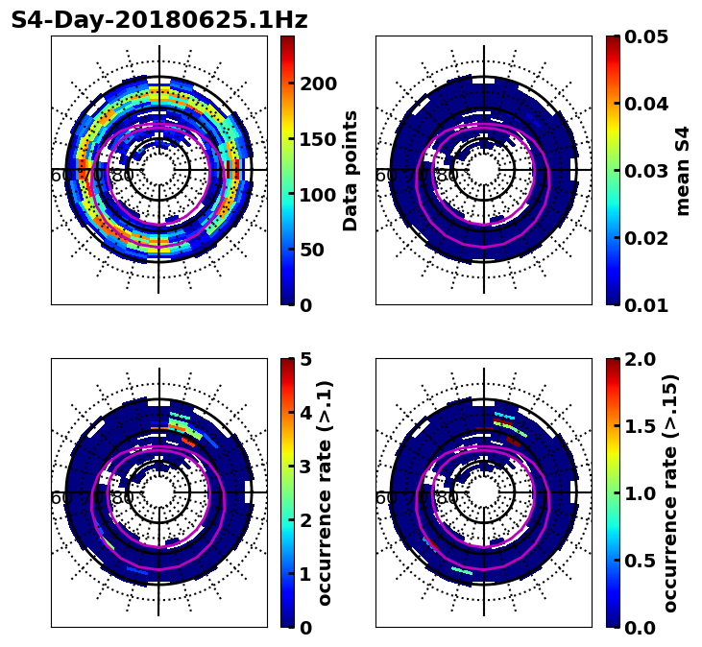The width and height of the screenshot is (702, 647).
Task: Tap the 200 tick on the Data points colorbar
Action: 318,84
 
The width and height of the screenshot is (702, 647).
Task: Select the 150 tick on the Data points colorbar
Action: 318,139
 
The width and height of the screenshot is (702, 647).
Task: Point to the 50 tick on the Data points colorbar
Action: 312,250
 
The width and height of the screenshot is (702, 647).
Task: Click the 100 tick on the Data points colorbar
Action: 318,195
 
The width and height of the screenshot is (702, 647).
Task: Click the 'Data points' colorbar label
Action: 351,170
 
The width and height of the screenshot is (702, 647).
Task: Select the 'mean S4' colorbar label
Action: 683,170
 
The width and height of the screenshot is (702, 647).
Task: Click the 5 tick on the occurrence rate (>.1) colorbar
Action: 306,359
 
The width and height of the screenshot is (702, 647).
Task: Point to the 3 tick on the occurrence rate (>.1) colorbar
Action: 306,467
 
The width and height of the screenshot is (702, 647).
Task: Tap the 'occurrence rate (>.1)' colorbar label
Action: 325,492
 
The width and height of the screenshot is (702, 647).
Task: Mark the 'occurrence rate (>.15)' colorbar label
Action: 670,492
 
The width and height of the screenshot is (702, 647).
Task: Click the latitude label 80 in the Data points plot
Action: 123,176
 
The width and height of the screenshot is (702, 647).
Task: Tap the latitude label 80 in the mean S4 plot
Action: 448,176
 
